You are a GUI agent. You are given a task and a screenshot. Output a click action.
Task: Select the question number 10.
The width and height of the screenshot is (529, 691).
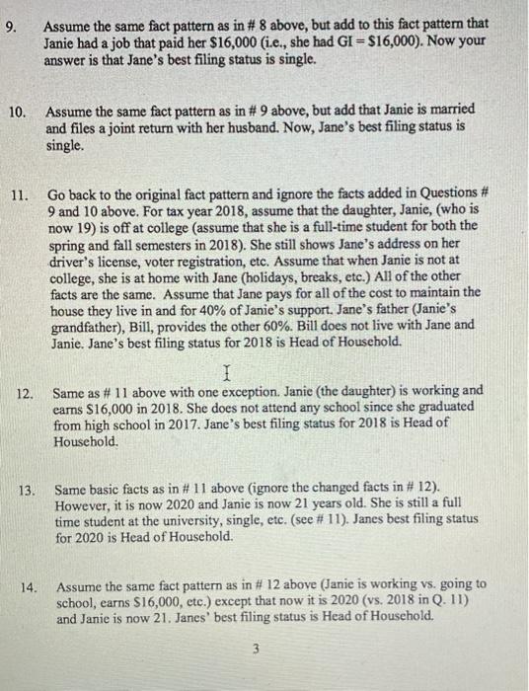[17, 112]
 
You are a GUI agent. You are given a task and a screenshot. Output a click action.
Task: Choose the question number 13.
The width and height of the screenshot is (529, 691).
[27, 489]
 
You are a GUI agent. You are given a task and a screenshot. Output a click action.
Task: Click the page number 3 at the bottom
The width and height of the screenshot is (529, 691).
[254, 651]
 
